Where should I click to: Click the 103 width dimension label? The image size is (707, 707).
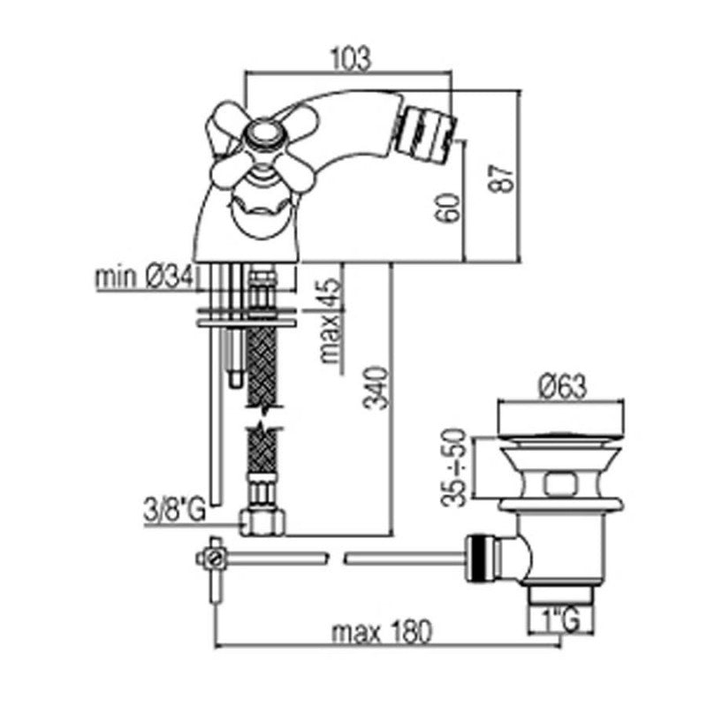click(x=351, y=58)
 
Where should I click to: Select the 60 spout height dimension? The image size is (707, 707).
click(x=449, y=208)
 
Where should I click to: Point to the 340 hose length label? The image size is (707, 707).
click(x=376, y=388)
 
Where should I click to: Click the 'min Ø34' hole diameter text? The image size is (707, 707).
click(x=144, y=277)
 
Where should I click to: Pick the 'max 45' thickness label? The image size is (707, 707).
click(x=330, y=321)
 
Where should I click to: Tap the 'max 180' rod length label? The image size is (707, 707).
click(x=382, y=632)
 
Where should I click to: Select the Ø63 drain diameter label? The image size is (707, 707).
click(x=563, y=386)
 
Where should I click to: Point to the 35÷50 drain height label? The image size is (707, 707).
click(x=453, y=468)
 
